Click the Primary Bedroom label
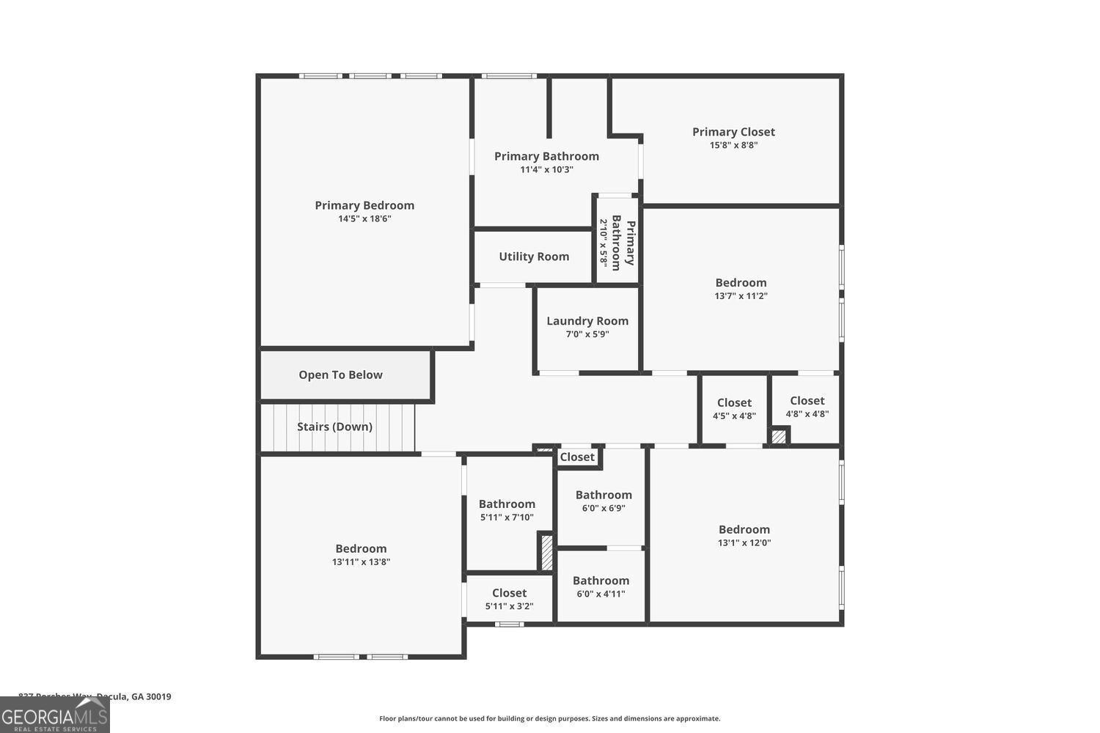click(x=364, y=205)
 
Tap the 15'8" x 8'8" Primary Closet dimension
click(x=733, y=145)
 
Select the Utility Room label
click(x=534, y=257)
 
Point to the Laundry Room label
click(x=587, y=321)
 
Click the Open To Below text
click(x=340, y=375)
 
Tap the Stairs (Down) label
click(x=334, y=427)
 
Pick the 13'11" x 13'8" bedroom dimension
click(x=361, y=562)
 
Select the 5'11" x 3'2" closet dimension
click(x=509, y=606)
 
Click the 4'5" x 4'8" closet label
click(x=734, y=402)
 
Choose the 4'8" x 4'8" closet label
click(x=807, y=401)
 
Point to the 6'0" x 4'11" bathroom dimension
click(x=601, y=594)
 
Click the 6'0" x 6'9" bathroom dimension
click(x=604, y=508)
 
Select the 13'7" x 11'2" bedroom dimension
click(x=741, y=296)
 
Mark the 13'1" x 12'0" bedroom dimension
click(x=744, y=543)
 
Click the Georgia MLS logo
click(x=54, y=715)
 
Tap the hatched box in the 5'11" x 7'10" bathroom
click(x=546, y=553)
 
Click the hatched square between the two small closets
click(x=779, y=436)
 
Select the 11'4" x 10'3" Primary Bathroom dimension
click(x=546, y=169)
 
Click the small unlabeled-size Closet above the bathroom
click(x=577, y=457)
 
